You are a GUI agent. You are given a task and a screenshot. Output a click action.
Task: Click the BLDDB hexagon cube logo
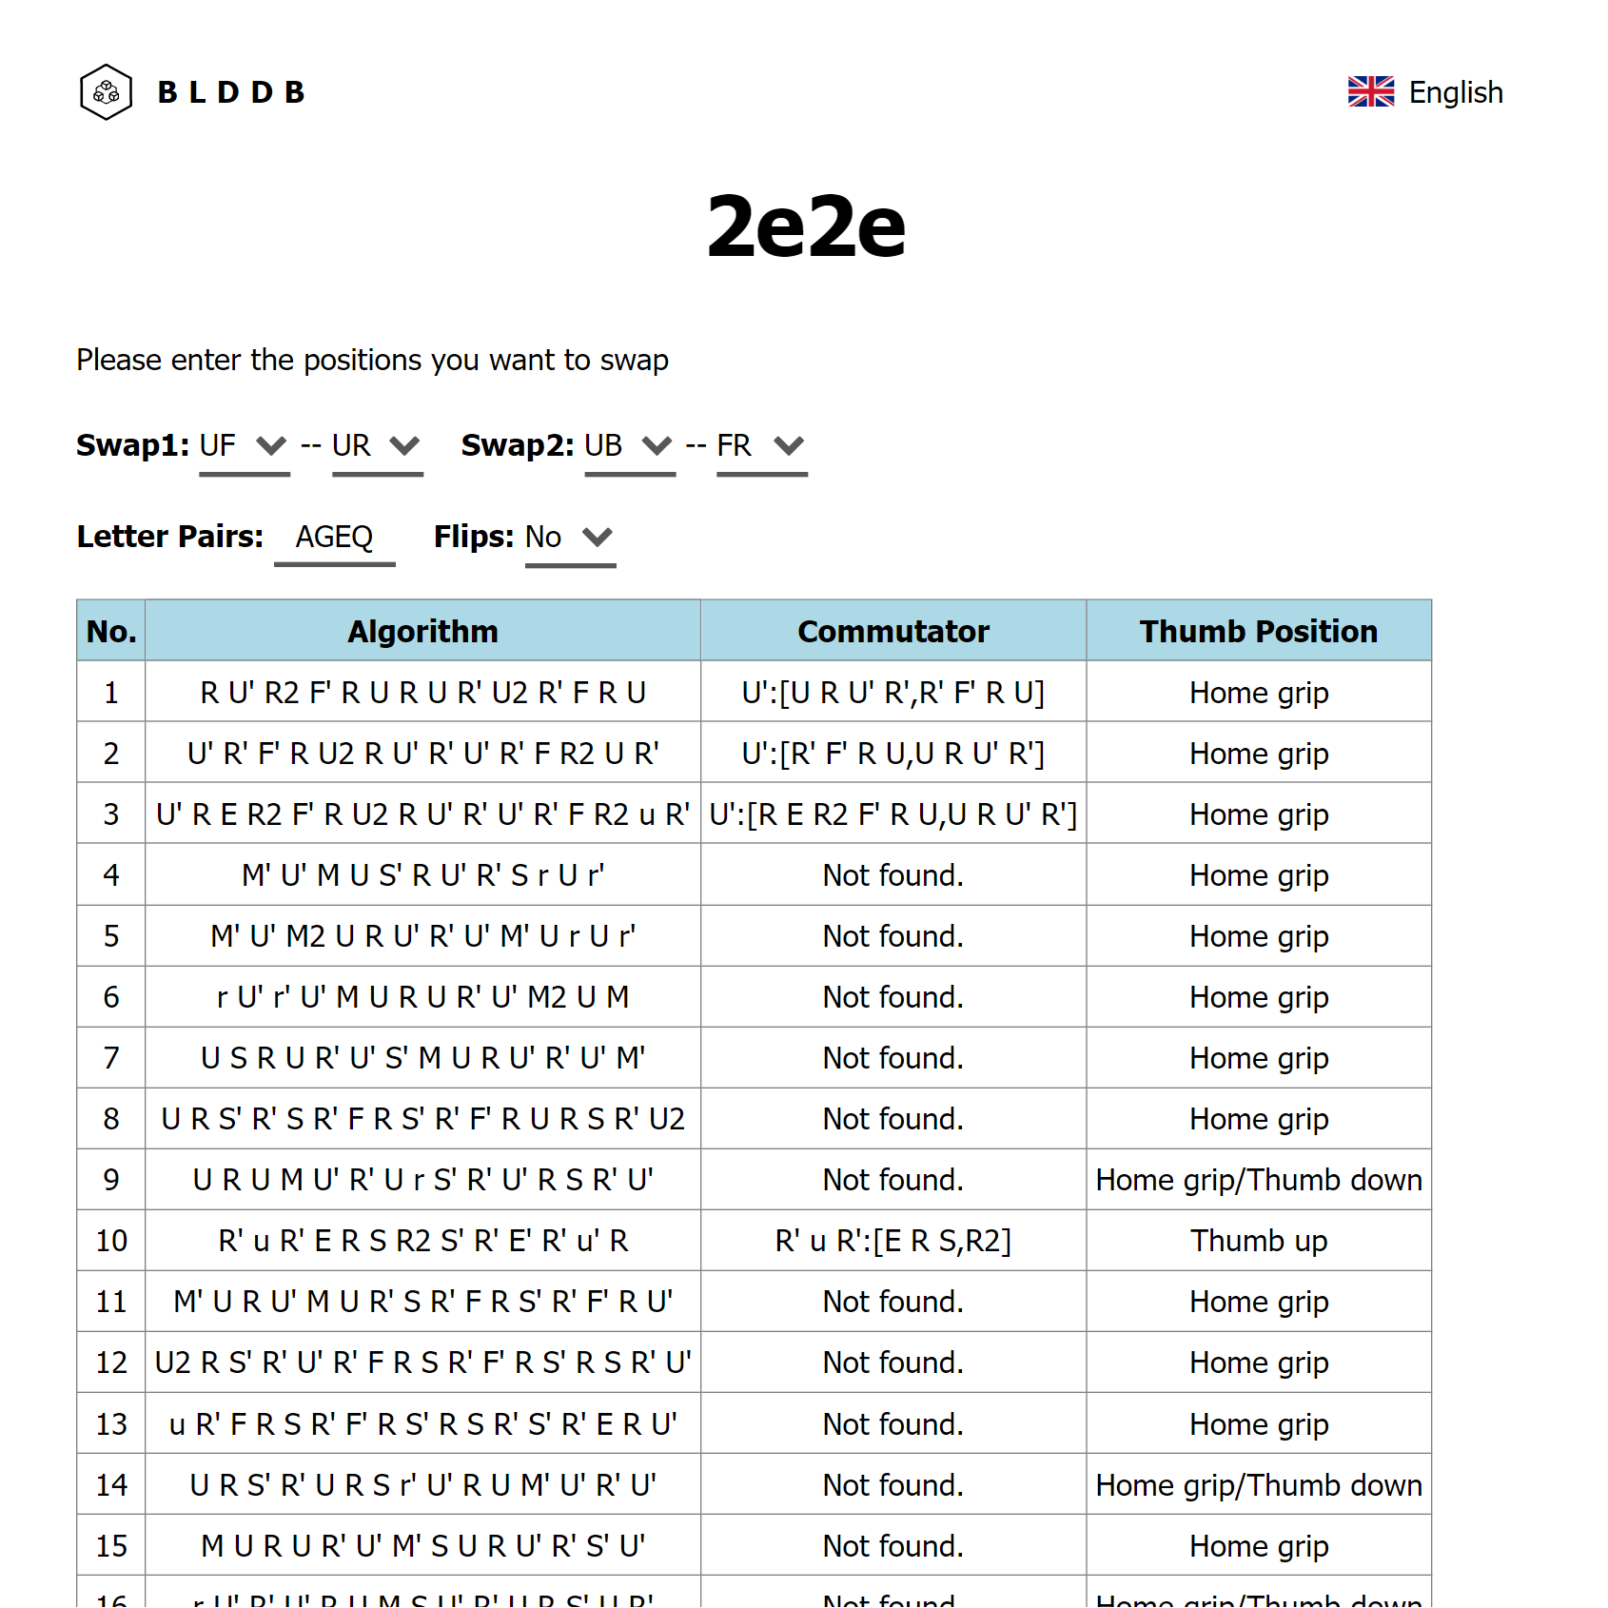[106, 92]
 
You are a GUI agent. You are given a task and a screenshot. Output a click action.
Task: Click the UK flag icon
[1370, 92]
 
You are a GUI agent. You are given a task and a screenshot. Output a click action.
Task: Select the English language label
[1455, 92]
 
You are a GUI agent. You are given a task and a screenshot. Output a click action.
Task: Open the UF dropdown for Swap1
[244, 445]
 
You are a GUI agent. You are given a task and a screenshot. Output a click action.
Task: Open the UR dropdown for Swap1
[377, 445]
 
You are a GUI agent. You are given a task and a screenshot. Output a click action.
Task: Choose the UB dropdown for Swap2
[629, 445]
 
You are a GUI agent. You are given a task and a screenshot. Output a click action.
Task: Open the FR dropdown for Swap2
[761, 445]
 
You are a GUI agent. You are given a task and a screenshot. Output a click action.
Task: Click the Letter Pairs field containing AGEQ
[334, 538]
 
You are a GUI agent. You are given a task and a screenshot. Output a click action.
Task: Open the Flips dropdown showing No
[570, 538]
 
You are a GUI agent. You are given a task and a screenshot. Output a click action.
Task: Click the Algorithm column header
[422, 631]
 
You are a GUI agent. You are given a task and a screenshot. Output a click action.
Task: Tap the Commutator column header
[892, 631]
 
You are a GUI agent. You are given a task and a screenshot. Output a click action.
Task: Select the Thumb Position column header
[1258, 631]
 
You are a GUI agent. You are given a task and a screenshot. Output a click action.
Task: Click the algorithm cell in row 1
[422, 693]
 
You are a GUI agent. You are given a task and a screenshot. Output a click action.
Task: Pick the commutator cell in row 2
[892, 754]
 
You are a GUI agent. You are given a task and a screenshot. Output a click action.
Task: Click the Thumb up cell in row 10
[1258, 1241]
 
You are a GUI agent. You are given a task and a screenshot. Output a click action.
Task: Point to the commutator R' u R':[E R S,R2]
[892, 1241]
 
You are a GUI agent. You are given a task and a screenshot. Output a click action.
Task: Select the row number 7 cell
[111, 1058]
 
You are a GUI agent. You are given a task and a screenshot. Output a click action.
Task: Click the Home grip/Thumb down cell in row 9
[1258, 1180]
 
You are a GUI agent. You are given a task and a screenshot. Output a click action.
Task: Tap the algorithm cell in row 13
[422, 1424]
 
